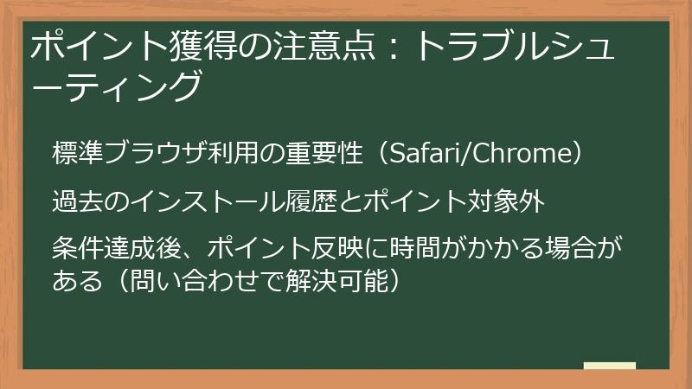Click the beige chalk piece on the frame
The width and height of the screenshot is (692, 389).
pyautogui.click(x=609, y=366)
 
